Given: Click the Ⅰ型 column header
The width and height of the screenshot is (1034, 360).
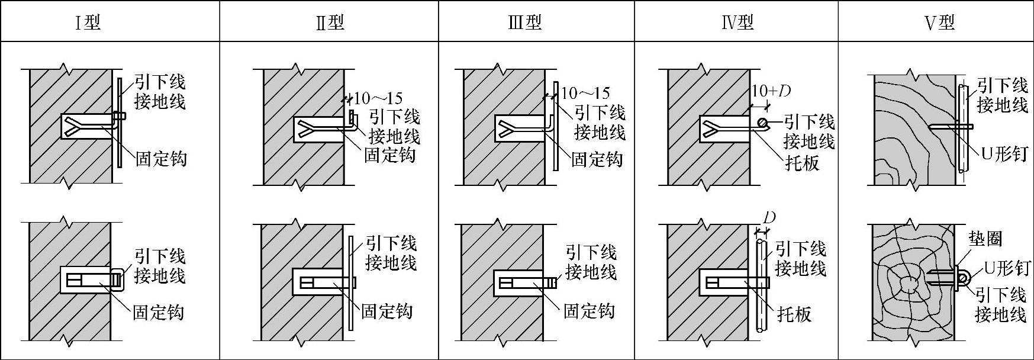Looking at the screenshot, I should pos(88,22).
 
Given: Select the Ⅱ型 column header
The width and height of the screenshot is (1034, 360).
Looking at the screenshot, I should pos(330,22).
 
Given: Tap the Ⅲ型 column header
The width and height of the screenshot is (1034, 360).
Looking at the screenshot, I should pos(525,22).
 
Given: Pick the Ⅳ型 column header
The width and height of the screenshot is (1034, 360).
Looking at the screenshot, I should pos(737,22).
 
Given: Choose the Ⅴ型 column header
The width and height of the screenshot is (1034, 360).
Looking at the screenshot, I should pos(939,22).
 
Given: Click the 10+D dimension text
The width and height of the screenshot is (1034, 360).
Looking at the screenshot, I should pos(771,91).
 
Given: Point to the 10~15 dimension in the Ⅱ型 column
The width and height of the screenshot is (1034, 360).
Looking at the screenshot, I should pos(377,98).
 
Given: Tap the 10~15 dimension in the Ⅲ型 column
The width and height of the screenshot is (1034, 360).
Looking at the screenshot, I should pos(585,93).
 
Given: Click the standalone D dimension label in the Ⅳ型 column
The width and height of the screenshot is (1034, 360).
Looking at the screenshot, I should pos(769,218).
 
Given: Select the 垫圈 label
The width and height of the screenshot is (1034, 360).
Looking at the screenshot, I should pos(985,239).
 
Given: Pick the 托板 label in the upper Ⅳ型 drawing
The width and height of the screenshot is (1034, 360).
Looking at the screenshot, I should pos(802,163).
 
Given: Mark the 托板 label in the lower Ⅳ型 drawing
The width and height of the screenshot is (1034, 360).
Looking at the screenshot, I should pos(794,314).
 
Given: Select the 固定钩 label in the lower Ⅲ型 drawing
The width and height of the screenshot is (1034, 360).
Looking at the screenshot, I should pos(589,311).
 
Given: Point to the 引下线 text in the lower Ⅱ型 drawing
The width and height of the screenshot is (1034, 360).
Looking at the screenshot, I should pos(391,243).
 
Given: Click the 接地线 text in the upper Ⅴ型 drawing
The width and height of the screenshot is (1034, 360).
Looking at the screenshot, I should pos(1002,105).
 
